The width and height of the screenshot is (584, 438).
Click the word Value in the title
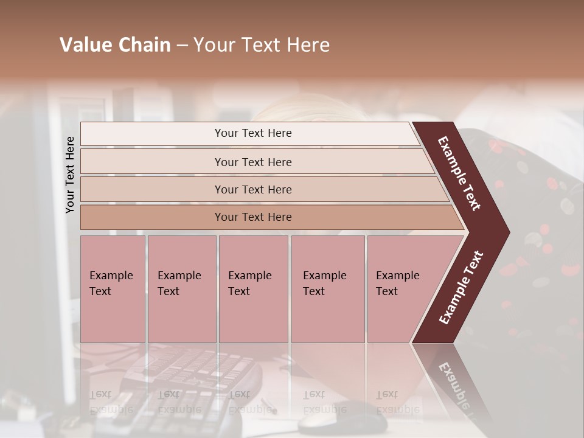pos(84,45)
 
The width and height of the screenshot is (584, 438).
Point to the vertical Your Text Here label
pos(70,175)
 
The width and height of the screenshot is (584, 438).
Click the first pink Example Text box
pos(113,289)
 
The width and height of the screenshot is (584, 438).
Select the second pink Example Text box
pos(181,289)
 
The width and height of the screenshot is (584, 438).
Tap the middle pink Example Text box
pos(253,289)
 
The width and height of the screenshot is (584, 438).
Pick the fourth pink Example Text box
pos(327,289)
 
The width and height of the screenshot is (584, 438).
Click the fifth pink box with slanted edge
pos(401,289)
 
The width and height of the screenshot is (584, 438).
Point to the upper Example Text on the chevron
pos(459,173)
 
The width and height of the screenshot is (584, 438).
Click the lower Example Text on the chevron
pos(461,287)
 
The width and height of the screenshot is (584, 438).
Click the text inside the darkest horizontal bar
pos(253,217)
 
